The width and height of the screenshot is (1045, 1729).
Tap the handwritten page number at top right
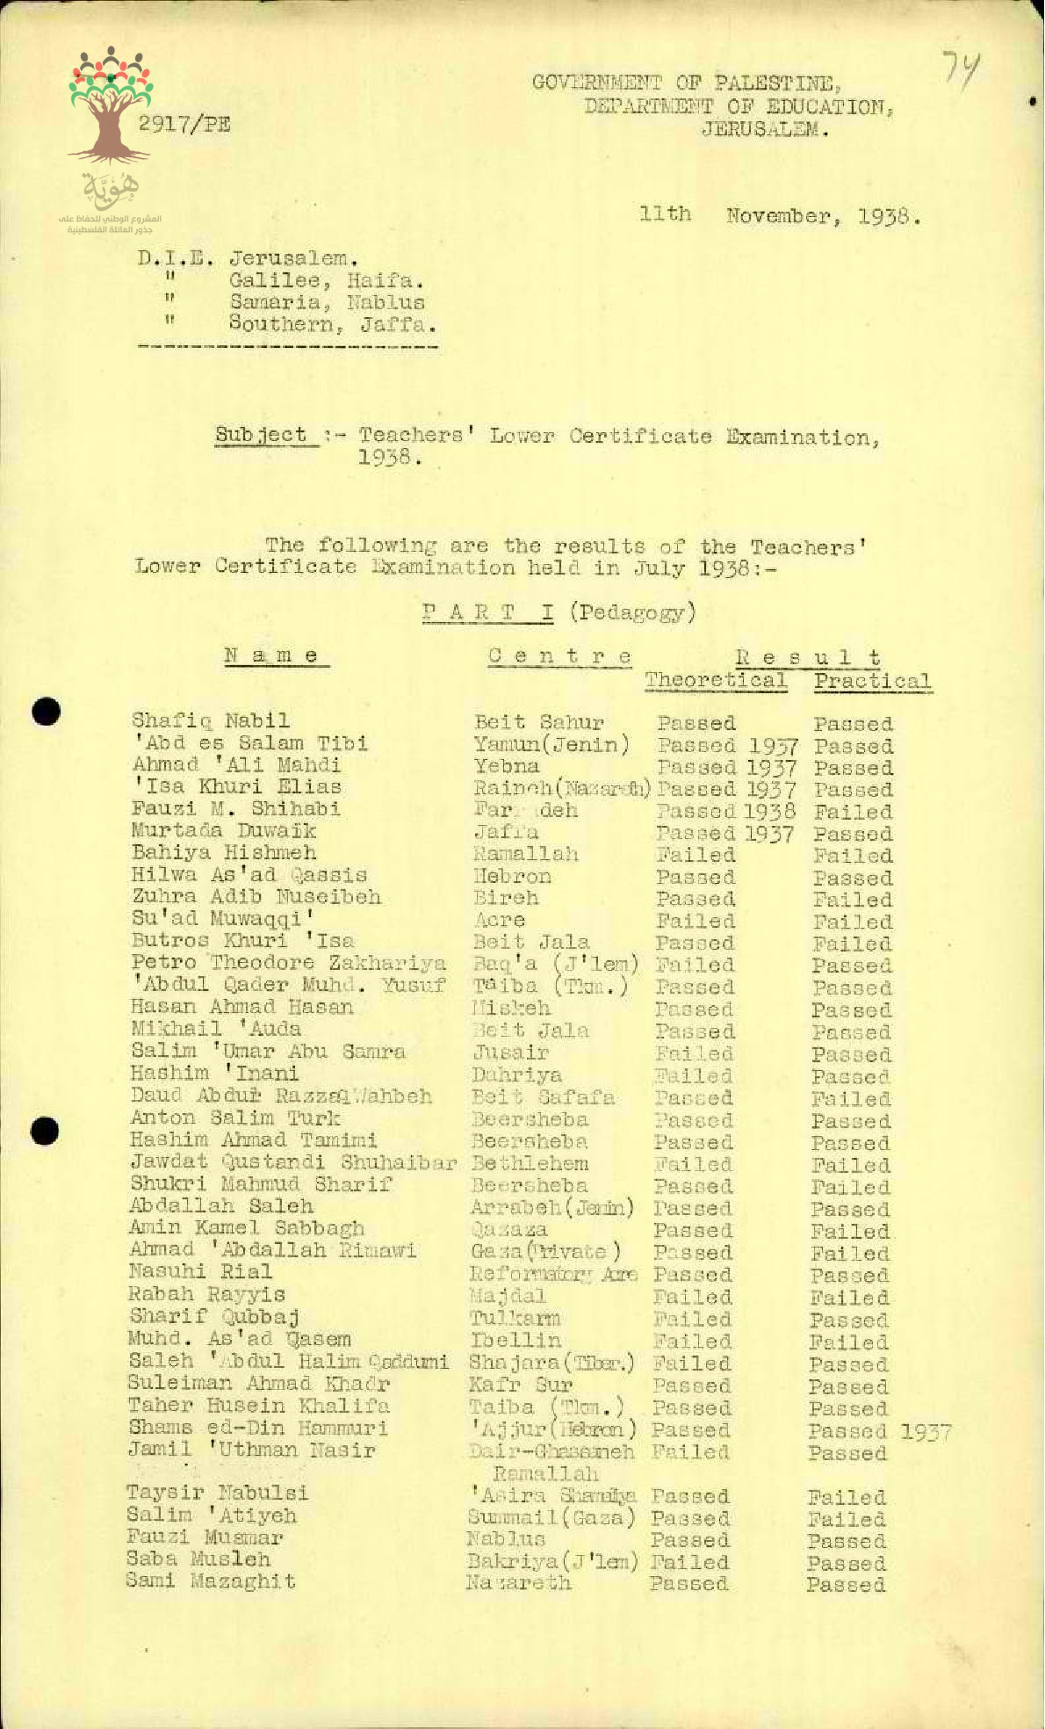(962, 67)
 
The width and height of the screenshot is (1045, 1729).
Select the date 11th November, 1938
(781, 215)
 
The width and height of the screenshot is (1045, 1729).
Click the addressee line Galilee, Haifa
(327, 281)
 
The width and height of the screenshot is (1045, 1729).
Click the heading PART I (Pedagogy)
(559, 611)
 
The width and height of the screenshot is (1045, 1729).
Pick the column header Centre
(559, 655)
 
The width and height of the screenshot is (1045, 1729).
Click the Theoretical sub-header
(716, 680)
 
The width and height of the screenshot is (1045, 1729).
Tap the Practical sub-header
(871, 681)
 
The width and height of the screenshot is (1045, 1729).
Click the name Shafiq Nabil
(211, 721)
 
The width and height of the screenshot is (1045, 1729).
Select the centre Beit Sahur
(539, 723)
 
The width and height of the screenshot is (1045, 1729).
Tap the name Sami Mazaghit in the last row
(211, 1582)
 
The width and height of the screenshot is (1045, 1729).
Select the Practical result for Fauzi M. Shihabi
(852, 813)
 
